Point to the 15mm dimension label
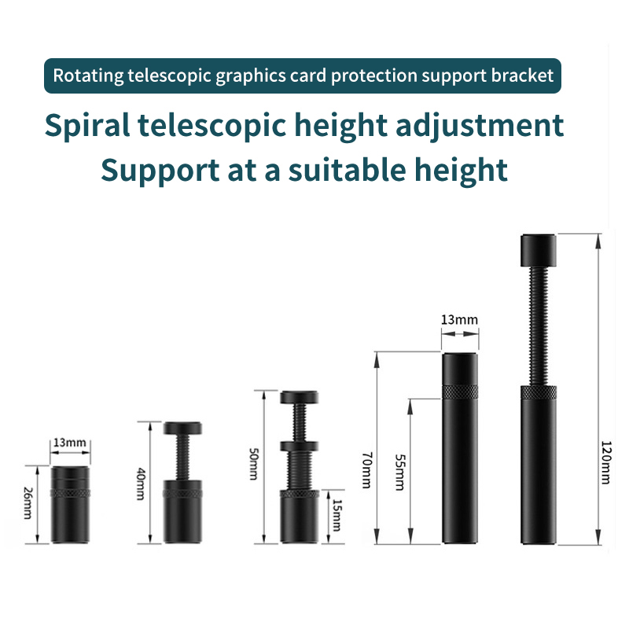click(x=337, y=516)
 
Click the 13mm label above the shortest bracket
click(x=70, y=443)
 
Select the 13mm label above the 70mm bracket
click(x=459, y=320)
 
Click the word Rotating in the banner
click(x=87, y=76)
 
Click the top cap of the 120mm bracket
click(x=539, y=250)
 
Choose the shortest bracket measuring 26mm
click(x=71, y=503)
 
